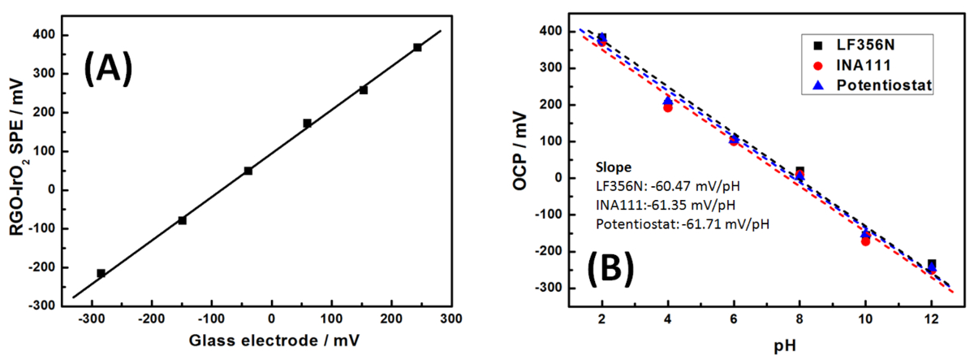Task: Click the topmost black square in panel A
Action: coord(417,48)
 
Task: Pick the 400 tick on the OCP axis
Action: coord(555,31)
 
